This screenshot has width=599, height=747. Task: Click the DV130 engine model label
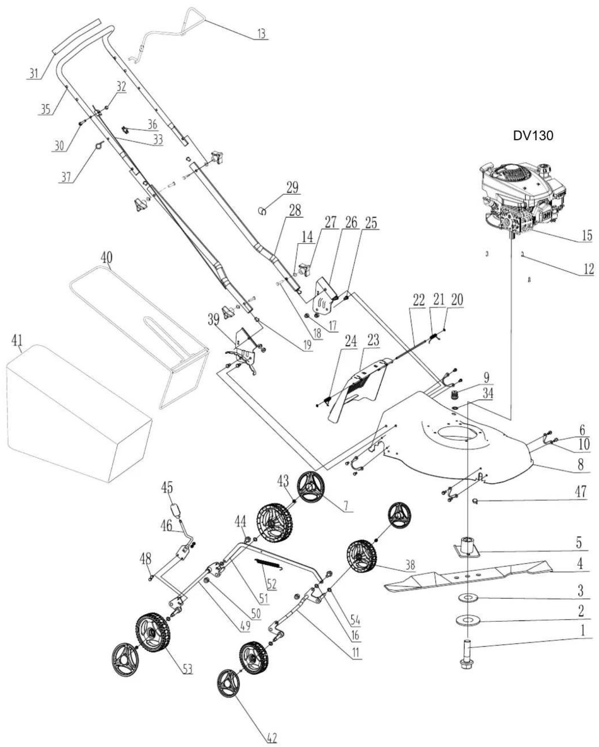coord(533,136)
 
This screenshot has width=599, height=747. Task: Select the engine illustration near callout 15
coord(521,200)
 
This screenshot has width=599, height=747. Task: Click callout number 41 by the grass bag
coord(18,340)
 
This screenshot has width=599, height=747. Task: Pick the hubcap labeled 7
coord(310,487)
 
